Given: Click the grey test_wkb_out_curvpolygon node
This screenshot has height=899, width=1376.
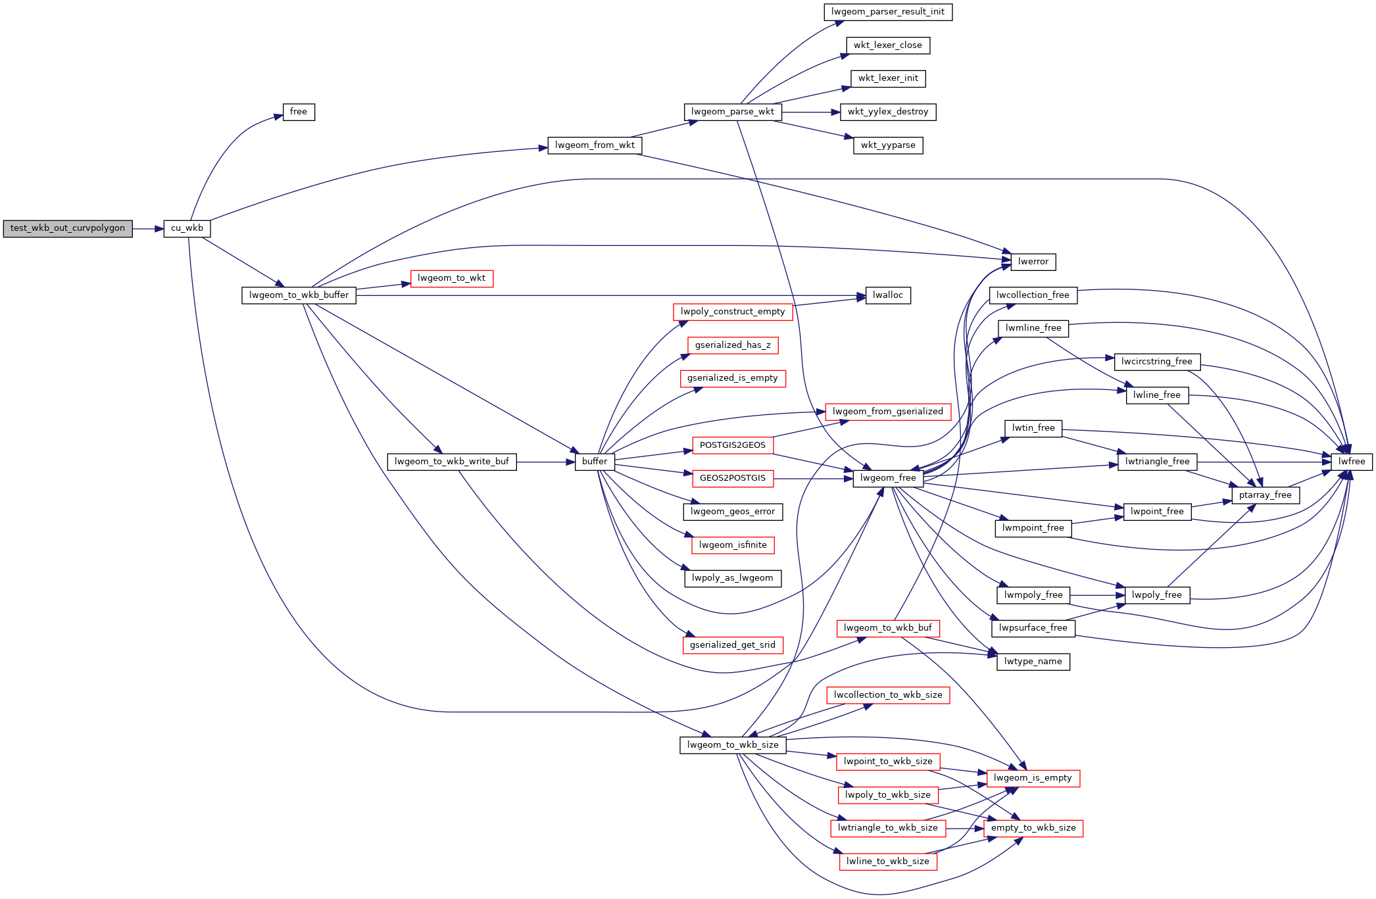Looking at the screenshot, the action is click(x=68, y=228).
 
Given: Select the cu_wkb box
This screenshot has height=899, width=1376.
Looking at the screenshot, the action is click(x=187, y=228).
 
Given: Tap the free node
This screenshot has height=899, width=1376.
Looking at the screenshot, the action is click(x=299, y=112).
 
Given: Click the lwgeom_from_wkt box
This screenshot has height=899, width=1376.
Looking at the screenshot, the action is click(x=595, y=145).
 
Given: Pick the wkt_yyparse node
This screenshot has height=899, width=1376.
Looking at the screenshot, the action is click(x=888, y=145).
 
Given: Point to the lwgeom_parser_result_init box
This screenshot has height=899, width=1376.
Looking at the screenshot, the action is click(x=888, y=12).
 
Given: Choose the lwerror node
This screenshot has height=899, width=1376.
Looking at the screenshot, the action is click(x=1033, y=262).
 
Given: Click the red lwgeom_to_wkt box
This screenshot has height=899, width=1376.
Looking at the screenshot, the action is click(x=451, y=278).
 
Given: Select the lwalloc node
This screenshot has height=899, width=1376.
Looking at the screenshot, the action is click(x=888, y=295).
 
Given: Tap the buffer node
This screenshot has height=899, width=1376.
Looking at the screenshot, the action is click(x=595, y=462).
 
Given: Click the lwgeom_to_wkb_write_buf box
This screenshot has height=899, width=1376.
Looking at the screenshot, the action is click(x=452, y=462).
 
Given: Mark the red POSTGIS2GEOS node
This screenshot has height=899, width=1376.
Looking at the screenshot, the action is click(x=733, y=445).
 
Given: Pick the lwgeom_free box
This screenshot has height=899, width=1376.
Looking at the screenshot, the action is click(x=888, y=478).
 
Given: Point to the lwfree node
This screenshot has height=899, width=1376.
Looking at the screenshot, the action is click(x=1352, y=462).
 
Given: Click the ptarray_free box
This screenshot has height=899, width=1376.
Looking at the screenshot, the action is click(x=1265, y=495).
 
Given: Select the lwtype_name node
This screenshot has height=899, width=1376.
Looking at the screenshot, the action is click(x=1033, y=662).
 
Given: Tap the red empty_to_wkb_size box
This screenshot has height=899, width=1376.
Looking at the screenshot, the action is click(x=1033, y=828).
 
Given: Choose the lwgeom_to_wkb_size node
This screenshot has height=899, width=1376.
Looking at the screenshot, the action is click(x=733, y=745).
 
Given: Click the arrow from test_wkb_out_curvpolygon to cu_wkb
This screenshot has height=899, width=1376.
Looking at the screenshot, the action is click(x=148, y=229).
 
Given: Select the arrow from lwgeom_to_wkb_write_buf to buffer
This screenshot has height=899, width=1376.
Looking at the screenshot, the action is click(x=546, y=462).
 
